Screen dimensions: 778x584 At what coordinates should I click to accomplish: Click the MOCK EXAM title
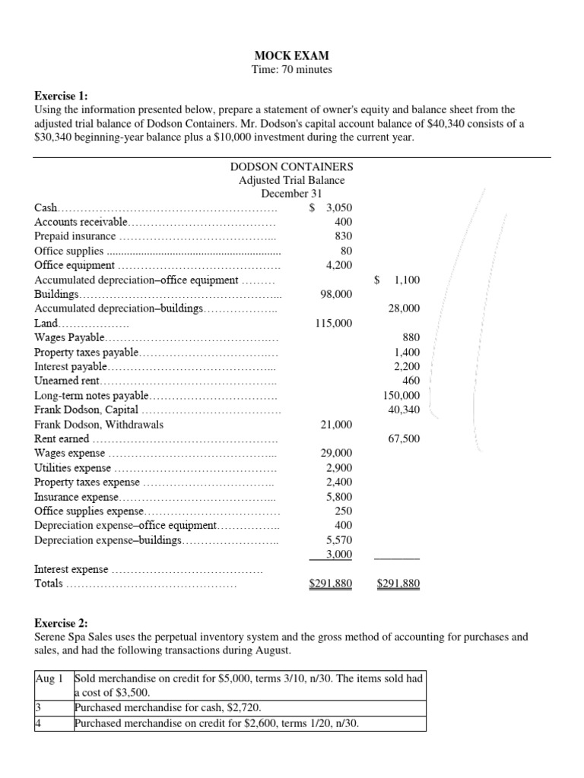point(291,55)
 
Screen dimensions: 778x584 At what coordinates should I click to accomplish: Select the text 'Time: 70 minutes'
point(291,70)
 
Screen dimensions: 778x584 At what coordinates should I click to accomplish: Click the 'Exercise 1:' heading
point(62,96)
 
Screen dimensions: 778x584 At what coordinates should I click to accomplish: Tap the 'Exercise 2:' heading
point(62,623)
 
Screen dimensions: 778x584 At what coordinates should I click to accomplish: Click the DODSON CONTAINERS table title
point(291,166)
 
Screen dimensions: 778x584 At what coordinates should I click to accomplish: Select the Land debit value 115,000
point(333,323)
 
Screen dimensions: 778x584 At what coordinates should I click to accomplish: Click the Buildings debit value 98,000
point(335,294)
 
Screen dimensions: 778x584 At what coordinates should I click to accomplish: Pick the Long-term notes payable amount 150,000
point(401,396)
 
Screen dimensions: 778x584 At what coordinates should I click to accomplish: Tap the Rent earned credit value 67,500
point(405,439)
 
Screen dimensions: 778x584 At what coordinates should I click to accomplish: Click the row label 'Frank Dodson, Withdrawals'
point(99,425)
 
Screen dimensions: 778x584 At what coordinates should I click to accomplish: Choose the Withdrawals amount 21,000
point(335,425)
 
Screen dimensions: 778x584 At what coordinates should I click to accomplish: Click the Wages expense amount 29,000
point(335,454)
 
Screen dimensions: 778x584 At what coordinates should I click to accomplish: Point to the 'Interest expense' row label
point(72,569)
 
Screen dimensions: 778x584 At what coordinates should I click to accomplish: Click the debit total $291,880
point(331,584)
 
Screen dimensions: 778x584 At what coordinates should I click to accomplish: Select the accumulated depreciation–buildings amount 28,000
point(405,308)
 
